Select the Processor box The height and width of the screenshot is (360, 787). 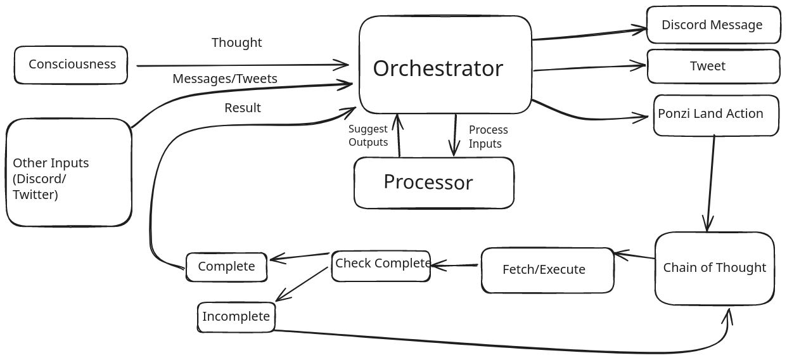[433, 183]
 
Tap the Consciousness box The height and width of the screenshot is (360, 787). [71, 65]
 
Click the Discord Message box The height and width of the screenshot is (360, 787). [713, 25]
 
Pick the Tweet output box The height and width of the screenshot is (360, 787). [713, 67]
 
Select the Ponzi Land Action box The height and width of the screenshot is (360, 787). [715, 115]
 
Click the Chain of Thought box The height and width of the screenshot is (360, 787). [714, 268]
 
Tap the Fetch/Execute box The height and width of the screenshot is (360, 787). [547, 270]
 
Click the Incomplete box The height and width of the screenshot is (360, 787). [236, 317]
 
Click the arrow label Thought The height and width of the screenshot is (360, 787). [236, 42]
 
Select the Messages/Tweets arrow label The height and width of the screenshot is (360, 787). [225, 79]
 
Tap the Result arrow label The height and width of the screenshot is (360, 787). [242, 108]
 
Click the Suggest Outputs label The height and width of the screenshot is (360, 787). [368, 136]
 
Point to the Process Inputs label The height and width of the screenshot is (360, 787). [488, 137]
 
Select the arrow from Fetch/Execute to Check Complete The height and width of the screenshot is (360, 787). [455, 265]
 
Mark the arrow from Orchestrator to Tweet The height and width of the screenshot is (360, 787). [589, 67]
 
